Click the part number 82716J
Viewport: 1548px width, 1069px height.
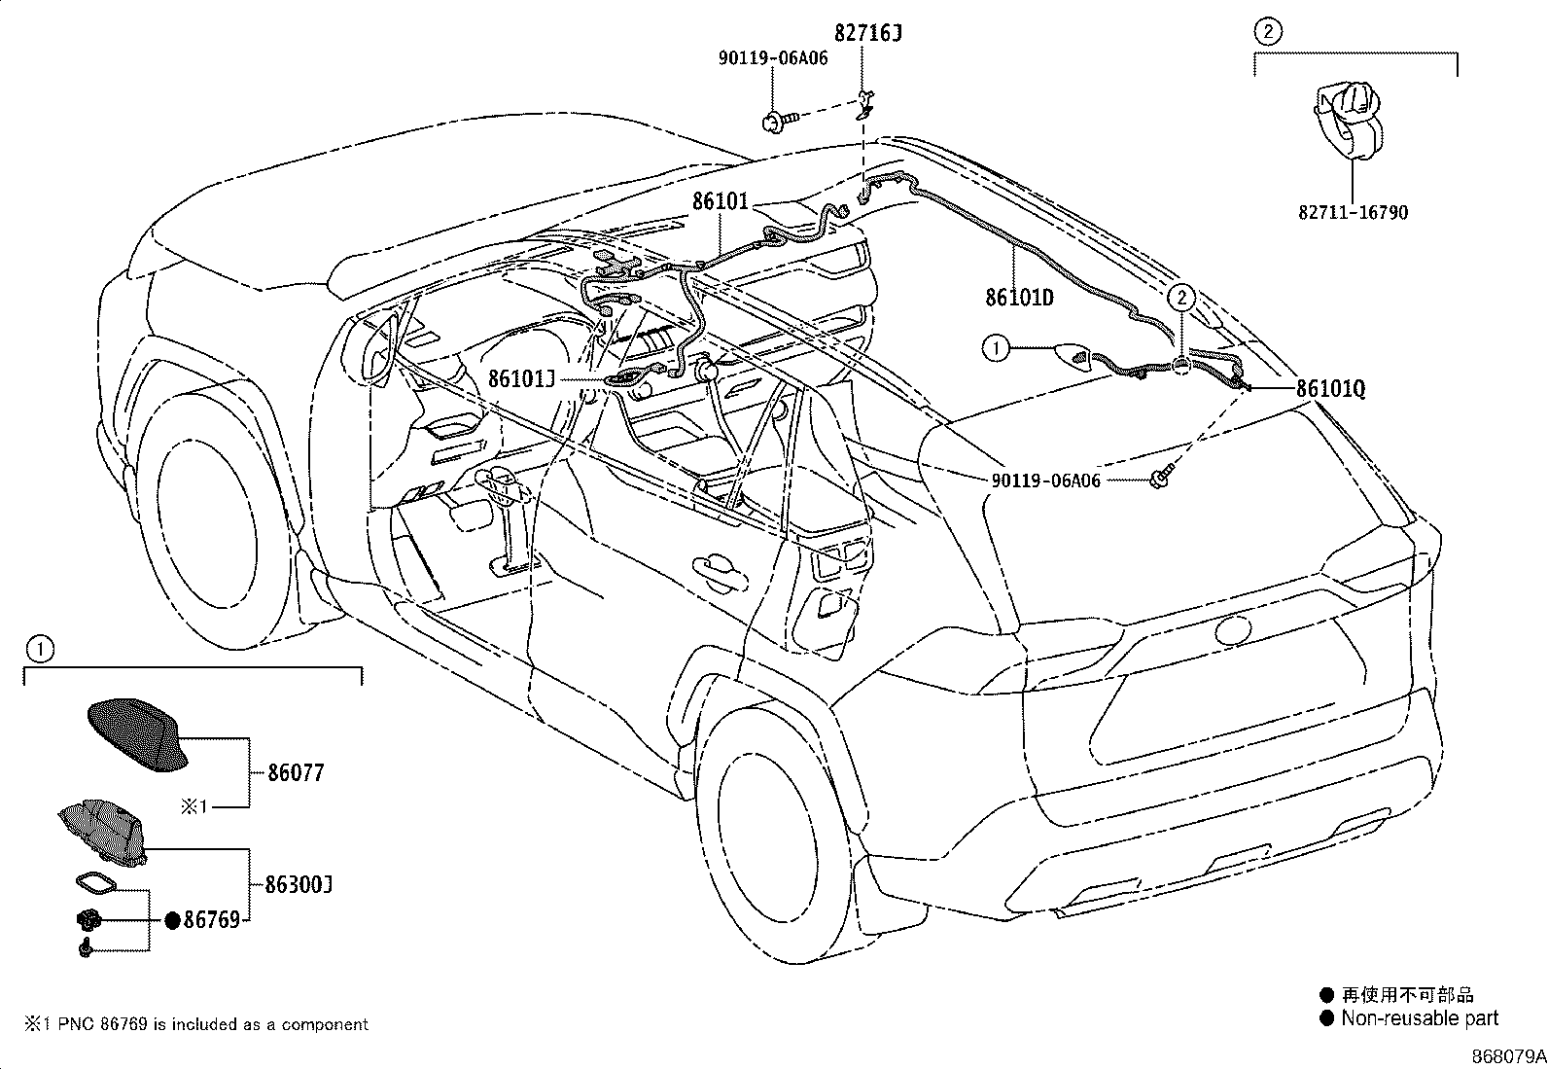pos(868,33)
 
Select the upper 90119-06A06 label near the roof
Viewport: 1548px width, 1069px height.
pos(773,58)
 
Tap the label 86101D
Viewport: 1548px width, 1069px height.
pos(1019,298)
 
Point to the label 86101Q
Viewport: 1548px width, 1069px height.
pos(1330,389)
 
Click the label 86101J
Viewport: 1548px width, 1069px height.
pos(522,379)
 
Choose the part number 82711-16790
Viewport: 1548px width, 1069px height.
pos(1353,212)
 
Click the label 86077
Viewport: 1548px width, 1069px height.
pos(296,772)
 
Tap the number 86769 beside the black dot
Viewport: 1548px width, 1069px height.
pos(211,920)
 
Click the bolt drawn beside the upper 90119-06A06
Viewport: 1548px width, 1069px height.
pos(779,123)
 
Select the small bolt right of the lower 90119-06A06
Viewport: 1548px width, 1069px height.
pos(1162,477)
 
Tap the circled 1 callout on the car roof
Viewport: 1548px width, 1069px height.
pos(996,348)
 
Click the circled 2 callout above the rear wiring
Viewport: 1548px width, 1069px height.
pos(1181,298)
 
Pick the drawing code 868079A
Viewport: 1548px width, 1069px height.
pos(1508,1056)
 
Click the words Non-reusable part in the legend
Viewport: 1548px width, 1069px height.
pos(1420,1018)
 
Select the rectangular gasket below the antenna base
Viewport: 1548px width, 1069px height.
pos(95,883)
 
